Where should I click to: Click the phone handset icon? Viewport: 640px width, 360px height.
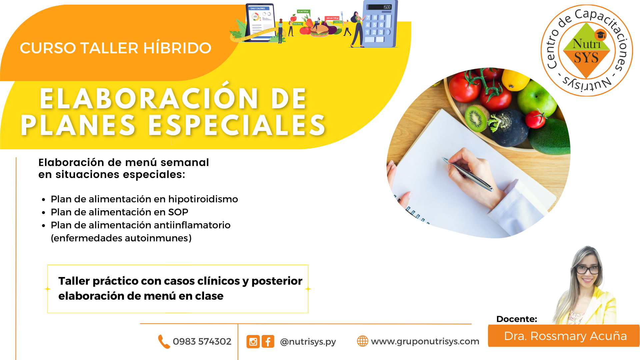pos(164,342)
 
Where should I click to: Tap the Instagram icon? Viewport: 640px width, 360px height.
pos(253,342)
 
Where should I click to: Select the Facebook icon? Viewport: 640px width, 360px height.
pos(268,342)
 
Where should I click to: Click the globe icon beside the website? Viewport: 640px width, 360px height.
pos(363,341)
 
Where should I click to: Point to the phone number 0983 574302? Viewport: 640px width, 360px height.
pos(202,342)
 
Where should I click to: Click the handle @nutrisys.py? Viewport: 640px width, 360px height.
pos(308,342)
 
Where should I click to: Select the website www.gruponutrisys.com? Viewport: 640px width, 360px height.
pos(425,342)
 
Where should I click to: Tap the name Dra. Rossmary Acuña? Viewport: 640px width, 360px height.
pos(565,336)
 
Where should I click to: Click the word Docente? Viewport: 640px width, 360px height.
pos(517,319)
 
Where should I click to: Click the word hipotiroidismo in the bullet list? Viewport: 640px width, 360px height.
pos(203,199)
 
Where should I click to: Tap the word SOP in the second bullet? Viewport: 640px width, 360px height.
pos(178,212)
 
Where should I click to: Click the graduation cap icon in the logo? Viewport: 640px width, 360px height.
pos(601,35)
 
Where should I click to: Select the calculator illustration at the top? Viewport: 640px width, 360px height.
pos(380,24)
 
